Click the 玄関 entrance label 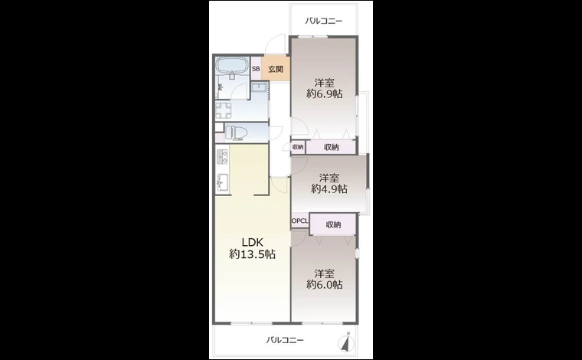click(276, 69)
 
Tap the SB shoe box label click(256, 69)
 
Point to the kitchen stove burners click(222, 157)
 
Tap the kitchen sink click(223, 182)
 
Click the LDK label click(253, 242)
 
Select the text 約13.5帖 click(253, 254)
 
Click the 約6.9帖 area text click(325, 93)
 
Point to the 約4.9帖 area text click(329, 188)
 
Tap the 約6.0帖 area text click(325, 284)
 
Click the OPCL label click(300, 221)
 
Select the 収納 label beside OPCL click(333, 224)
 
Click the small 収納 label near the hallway click(298, 147)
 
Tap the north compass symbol click(347, 342)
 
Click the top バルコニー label click(324, 21)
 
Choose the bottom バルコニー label click(285, 340)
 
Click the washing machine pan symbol click(224, 110)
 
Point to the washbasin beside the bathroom click(259, 87)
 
